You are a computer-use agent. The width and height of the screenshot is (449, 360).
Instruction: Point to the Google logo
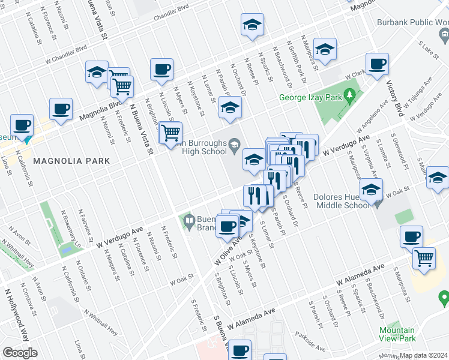(x=20, y=353)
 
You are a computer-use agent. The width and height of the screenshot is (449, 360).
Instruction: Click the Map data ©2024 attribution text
(x=423, y=355)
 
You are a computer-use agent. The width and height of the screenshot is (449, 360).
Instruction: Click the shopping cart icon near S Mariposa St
(x=424, y=258)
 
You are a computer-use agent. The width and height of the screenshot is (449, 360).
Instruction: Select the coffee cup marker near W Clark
(x=378, y=64)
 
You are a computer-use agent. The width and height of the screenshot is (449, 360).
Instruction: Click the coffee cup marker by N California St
(x=22, y=125)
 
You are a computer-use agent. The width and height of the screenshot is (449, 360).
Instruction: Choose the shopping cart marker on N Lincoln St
(x=171, y=132)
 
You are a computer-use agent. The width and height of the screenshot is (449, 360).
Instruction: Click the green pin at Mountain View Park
(x=444, y=296)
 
